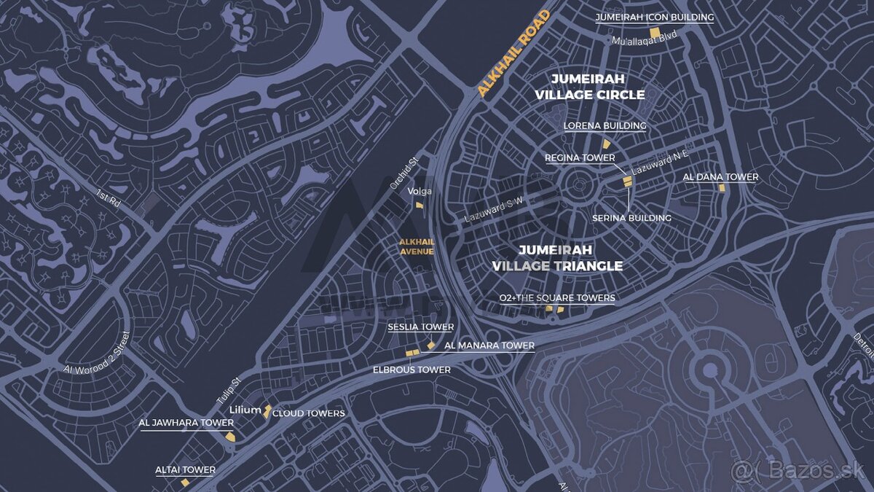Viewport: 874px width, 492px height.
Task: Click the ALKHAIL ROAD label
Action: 514,53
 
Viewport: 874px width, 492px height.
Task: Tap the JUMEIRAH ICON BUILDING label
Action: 654,17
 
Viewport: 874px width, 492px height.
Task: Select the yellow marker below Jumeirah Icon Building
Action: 655,33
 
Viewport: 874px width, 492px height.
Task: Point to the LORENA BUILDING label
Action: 605,125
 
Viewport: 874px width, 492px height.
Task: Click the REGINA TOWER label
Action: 580,157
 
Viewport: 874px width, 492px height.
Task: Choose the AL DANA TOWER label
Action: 720,176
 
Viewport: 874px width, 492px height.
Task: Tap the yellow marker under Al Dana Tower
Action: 722,188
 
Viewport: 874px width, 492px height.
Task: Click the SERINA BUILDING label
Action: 631,218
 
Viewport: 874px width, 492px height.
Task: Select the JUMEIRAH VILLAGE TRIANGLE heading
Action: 557,258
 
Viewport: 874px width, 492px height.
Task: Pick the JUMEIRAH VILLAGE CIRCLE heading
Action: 589,86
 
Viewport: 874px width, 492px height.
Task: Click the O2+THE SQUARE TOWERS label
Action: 557,297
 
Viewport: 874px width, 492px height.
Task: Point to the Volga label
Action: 420,191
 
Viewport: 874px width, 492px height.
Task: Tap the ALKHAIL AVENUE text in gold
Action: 416,246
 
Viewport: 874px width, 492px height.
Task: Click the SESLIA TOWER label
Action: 420,327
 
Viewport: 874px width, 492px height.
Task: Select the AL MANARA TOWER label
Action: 489,345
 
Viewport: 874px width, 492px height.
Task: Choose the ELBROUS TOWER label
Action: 412,370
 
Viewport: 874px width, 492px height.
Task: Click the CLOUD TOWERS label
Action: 309,413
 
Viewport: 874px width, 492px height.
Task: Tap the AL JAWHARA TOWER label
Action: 186,423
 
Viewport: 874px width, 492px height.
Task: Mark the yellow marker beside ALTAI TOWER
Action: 185,483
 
